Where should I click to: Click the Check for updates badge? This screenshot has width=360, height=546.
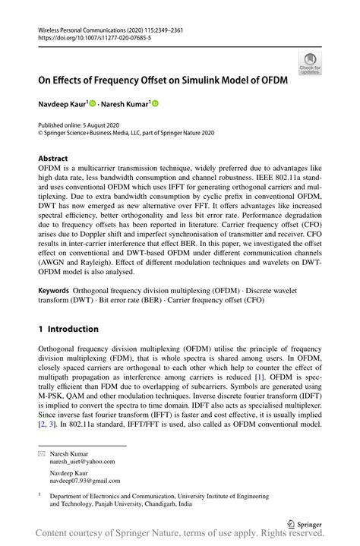tap(309, 63)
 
